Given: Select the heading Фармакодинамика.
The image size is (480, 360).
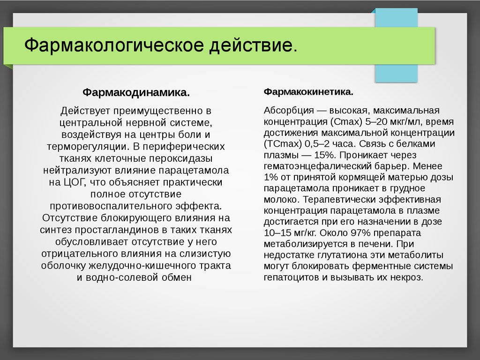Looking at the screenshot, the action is [x=136, y=92].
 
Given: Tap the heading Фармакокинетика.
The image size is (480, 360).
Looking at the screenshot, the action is [x=308, y=92].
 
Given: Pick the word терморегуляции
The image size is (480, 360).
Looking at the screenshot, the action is [x=88, y=147].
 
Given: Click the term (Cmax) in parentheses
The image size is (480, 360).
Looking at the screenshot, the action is [x=346, y=122].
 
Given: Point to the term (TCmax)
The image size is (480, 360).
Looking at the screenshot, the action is [x=283, y=144].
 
